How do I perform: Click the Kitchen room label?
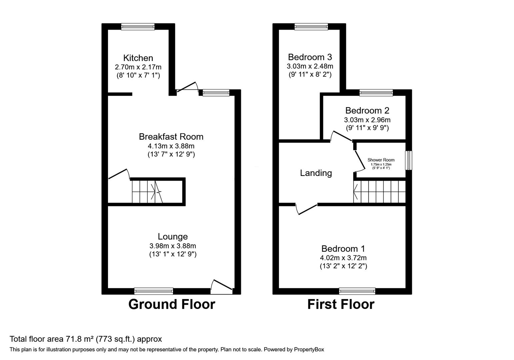[138, 58]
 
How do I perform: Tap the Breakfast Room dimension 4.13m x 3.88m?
[171, 146]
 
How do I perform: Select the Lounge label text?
[173, 236]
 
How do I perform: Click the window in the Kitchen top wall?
[138, 27]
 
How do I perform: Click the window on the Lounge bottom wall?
[154, 291]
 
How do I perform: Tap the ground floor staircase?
[147, 192]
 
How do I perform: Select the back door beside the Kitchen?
[187, 87]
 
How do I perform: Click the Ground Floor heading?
[172, 304]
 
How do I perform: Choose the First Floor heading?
[341, 304]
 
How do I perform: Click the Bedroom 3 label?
[310, 57]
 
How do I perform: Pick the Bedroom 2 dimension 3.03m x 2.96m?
[367, 120]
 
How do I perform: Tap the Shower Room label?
[381, 160]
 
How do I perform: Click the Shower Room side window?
[409, 160]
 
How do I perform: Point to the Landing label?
[316, 173]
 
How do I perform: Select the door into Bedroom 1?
[306, 209]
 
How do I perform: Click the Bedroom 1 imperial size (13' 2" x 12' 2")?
[343, 266]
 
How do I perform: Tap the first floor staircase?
[379, 192]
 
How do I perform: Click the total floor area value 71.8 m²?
[79, 339]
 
